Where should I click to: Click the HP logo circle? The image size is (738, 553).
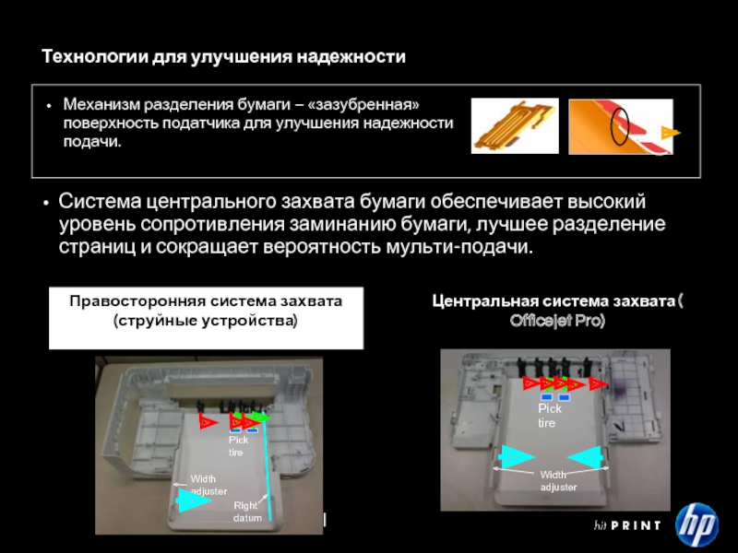(x=696, y=524)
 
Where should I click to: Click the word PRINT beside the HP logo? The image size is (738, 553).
(x=636, y=525)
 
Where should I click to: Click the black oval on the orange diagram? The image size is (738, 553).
(x=619, y=126)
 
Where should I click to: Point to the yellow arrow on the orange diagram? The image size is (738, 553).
(x=671, y=133)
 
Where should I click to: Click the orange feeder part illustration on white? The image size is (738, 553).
(x=515, y=125)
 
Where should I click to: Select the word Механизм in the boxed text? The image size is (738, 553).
(x=101, y=104)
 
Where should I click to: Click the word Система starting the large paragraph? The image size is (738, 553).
(x=100, y=201)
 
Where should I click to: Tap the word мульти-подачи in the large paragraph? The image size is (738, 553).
(x=458, y=246)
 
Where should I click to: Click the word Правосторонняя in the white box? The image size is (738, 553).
(x=137, y=301)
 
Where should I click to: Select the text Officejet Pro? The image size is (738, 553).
(x=557, y=321)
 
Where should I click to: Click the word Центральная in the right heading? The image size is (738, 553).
(x=481, y=301)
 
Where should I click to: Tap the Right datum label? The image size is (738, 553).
(x=247, y=512)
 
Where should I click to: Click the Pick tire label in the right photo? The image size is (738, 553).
(x=549, y=416)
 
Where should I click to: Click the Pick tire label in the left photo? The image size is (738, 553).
(x=238, y=446)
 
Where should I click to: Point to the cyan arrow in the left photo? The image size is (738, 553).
(x=193, y=500)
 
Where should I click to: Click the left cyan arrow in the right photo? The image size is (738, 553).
(x=518, y=456)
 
